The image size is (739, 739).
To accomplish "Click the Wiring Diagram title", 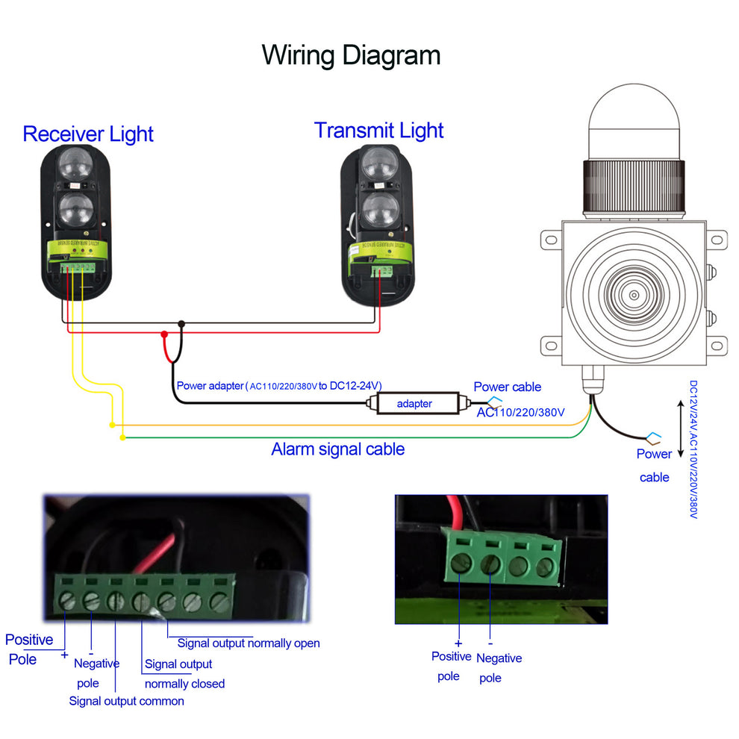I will [351, 55].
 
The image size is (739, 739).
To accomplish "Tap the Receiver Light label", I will [88, 134].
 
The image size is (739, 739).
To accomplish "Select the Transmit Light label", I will [378, 130].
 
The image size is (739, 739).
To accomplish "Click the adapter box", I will [415, 404].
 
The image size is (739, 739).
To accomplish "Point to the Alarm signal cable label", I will [337, 449].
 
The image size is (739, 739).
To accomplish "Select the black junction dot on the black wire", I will [181, 324].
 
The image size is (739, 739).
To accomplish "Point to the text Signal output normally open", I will [248, 643].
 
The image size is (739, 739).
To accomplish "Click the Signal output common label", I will [126, 701].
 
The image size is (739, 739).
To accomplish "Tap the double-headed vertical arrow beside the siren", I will [679, 429].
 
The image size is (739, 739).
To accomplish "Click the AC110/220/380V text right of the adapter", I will [520, 412].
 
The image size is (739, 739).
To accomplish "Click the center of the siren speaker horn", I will [634, 295].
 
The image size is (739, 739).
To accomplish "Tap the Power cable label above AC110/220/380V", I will [507, 387].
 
